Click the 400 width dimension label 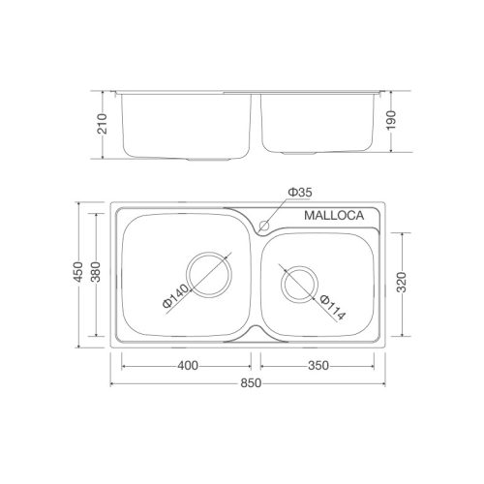pos(188,366)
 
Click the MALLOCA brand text pos(333,217)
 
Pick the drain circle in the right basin pos(299,283)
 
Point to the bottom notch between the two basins pos(251,334)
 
